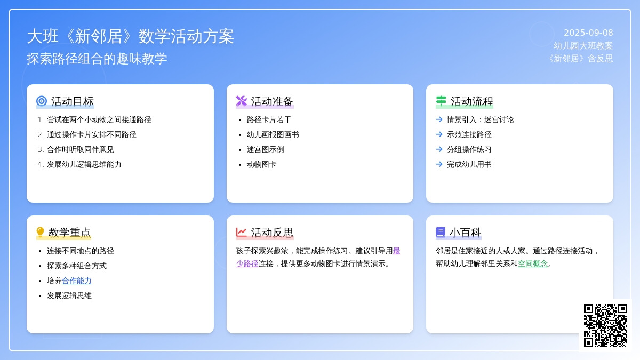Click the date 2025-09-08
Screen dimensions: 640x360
point(588,33)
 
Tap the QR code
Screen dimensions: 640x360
point(605,325)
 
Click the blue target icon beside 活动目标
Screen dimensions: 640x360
point(42,101)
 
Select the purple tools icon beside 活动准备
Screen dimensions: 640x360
point(242,101)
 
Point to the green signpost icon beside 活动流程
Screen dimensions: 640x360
point(441,101)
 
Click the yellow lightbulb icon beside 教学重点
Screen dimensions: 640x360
point(41,233)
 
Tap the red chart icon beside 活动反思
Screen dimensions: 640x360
point(242,232)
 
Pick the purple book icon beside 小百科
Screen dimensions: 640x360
point(441,233)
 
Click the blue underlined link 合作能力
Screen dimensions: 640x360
point(77,281)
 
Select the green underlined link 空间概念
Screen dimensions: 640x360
point(533,263)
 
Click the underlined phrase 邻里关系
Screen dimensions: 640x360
point(495,263)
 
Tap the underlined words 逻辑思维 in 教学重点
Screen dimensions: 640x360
point(77,295)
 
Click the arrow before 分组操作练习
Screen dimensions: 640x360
point(439,149)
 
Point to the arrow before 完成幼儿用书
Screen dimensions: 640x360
point(439,164)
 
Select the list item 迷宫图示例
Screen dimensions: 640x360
point(265,149)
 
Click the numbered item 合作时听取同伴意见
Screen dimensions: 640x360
point(81,149)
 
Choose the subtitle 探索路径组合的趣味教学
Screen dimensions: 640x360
point(97,59)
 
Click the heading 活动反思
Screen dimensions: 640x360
point(272,233)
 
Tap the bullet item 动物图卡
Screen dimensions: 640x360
point(261,164)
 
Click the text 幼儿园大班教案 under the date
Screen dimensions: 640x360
point(583,46)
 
